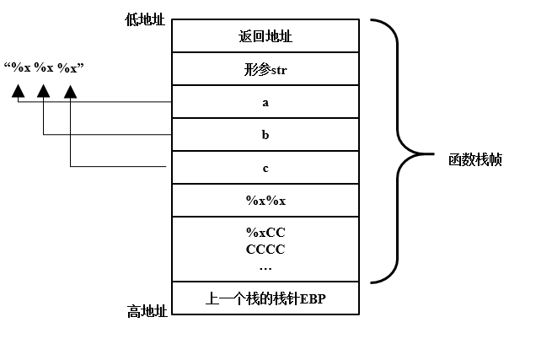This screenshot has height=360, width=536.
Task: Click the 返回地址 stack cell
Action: pos(265,36)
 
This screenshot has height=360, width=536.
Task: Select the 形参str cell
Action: pos(265,69)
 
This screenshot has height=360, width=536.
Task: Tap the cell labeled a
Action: pos(265,102)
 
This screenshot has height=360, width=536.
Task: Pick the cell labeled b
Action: pos(265,134)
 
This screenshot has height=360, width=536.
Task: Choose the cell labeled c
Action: pos(265,168)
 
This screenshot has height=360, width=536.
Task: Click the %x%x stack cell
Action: pos(265,201)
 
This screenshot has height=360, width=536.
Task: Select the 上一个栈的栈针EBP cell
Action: pos(265,298)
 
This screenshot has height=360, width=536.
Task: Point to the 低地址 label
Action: pos(146,19)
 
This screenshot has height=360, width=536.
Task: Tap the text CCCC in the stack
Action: pos(265,250)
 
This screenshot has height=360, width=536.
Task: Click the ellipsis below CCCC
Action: pos(265,267)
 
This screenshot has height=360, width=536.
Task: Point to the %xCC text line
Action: pos(265,232)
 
